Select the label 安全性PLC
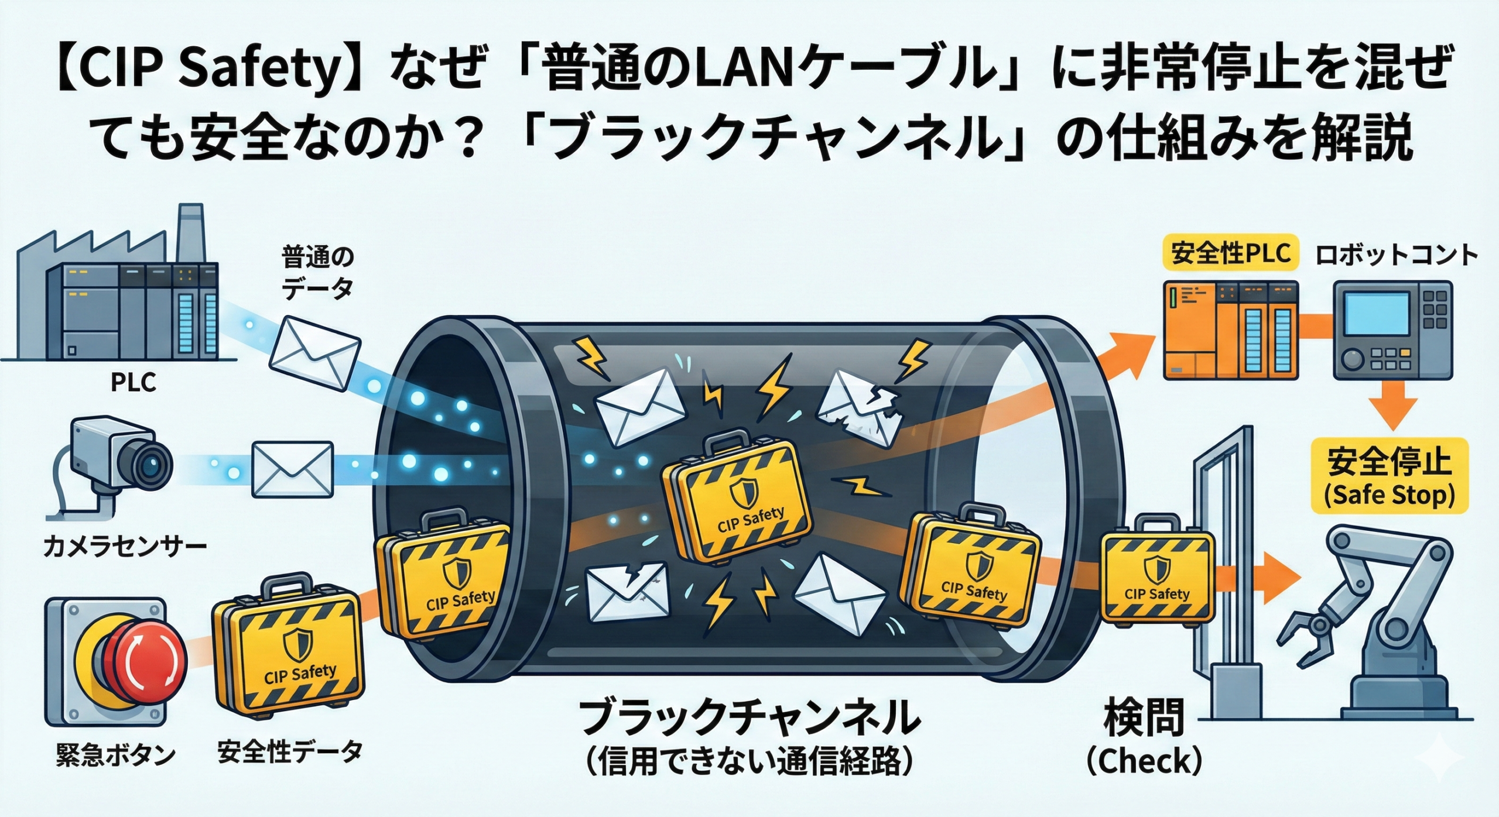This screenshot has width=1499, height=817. (1230, 254)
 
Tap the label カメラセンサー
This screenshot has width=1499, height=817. (125, 547)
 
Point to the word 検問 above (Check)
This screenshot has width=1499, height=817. (1142, 719)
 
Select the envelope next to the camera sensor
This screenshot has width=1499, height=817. (292, 469)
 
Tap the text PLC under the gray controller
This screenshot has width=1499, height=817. (134, 383)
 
